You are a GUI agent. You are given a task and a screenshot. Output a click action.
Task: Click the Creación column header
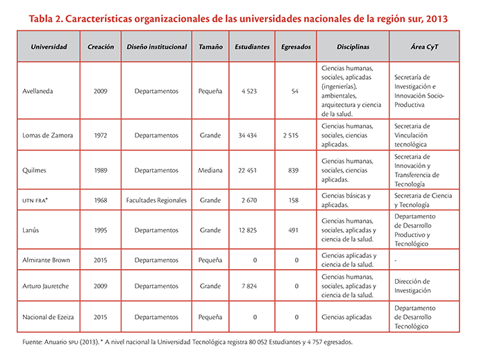pyautogui.click(x=101, y=46)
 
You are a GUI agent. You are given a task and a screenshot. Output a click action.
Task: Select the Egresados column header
pyautogui.click(x=296, y=46)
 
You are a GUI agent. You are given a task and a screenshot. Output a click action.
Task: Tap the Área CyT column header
pyautogui.click(x=424, y=46)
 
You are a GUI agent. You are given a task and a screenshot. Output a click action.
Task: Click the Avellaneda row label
pyautogui.click(x=37, y=91)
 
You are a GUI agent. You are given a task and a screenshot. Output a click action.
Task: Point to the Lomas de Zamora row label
pyautogui.click(x=48, y=135)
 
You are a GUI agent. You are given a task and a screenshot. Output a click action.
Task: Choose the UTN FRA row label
pyautogui.click(x=35, y=200)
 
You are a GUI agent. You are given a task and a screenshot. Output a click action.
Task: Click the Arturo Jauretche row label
pyautogui.click(x=46, y=286)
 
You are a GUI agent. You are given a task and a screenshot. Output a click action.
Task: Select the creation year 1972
pyautogui.click(x=101, y=135)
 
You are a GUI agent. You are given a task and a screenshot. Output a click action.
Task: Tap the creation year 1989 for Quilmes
pyautogui.click(x=101, y=170)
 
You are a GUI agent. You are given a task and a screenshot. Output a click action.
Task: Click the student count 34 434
pyautogui.click(x=248, y=135)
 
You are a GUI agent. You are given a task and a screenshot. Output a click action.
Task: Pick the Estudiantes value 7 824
pyautogui.click(x=249, y=286)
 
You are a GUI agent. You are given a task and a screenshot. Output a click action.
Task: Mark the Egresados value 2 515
pyautogui.click(x=290, y=135)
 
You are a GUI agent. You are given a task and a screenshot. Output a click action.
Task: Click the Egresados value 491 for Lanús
pyautogui.click(x=293, y=230)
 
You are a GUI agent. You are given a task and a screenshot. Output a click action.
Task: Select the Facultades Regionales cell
pyautogui.click(x=156, y=200)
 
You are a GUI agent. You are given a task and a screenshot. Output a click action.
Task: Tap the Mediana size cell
pyautogui.click(x=210, y=170)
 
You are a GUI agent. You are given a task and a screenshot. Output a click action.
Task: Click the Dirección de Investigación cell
pyautogui.click(x=412, y=286)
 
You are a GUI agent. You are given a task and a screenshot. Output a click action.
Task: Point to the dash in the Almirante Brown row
pyautogui.click(x=396, y=260)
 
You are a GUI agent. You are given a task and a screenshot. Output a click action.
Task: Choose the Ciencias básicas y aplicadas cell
pyautogui.click(x=346, y=200)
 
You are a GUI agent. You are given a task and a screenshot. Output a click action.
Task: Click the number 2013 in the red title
pyautogui.click(x=437, y=19)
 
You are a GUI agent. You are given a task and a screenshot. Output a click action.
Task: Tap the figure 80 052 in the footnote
pyautogui.click(x=258, y=342)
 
